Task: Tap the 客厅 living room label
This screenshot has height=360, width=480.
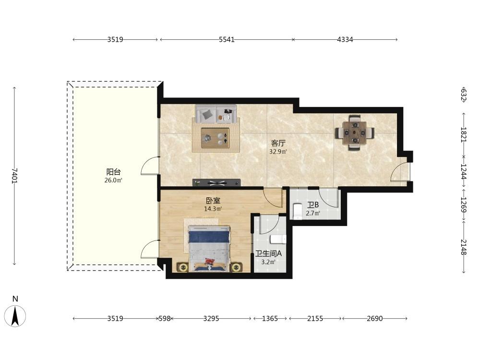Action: (278, 143)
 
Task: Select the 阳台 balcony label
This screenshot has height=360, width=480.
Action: (113, 172)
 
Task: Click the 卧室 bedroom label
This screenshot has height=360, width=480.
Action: (213, 201)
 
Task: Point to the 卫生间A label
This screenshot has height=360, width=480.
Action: (268, 253)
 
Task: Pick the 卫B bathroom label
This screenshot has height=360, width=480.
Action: (313, 205)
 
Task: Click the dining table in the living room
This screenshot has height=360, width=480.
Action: (355, 133)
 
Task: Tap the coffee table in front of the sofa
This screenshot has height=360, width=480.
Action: (215, 138)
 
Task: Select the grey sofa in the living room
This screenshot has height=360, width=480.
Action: (216, 114)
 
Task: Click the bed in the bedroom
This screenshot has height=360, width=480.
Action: (209, 249)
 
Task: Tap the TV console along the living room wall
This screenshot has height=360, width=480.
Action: (216, 182)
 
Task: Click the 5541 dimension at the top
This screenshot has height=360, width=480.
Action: (227, 39)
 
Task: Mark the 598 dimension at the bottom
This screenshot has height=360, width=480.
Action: (164, 319)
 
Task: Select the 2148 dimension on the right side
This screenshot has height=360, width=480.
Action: (464, 247)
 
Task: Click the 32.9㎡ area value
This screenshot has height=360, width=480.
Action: (278, 152)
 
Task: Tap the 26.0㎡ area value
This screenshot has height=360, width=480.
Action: (113, 180)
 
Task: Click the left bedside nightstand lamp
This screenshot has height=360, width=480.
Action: (183, 267)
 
